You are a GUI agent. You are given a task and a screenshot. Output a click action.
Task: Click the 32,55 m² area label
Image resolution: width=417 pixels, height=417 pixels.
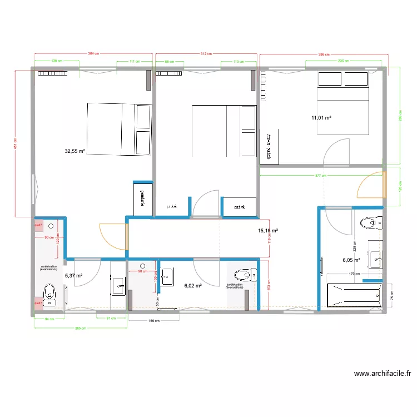(x=75, y=151)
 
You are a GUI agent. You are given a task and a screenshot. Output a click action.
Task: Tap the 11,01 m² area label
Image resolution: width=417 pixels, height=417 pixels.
(x=321, y=118)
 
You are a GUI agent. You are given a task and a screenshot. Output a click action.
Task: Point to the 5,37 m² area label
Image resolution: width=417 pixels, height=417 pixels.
(x=73, y=276)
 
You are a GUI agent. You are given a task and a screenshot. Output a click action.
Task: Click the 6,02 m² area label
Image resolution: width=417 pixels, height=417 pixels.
(x=192, y=285)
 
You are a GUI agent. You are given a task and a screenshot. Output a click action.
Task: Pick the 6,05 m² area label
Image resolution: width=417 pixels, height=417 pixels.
(x=351, y=260)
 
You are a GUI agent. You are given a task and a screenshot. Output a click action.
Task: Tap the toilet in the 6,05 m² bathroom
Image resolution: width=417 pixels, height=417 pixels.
(x=372, y=224)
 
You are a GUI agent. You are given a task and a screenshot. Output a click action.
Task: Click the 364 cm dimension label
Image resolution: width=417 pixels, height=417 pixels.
(x=93, y=54)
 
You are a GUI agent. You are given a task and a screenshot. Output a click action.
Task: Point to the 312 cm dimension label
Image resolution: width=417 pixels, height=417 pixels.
(x=206, y=54)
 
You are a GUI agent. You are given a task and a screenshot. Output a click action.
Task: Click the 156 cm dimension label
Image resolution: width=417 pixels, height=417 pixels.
(x=153, y=321)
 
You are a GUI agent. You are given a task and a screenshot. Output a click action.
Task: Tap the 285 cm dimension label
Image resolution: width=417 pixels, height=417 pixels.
(x=80, y=329)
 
